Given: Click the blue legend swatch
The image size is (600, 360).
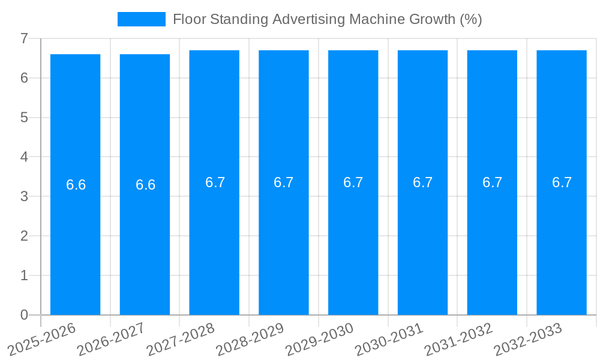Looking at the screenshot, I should [x=142, y=19].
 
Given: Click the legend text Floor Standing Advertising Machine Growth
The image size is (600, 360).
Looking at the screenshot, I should [x=327, y=19].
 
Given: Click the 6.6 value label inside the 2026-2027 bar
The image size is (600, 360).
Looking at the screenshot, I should [x=145, y=185].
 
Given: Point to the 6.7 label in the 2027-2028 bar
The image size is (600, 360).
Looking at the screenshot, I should [x=215, y=182].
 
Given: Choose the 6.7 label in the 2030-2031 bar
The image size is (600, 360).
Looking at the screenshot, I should [x=423, y=182].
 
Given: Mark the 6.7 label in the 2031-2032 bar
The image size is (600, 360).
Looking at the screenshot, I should [x=493, y=182].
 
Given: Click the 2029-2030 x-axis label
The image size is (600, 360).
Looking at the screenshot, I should [x=320, y=339].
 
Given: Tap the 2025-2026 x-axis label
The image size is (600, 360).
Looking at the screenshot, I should [x=42, y=339].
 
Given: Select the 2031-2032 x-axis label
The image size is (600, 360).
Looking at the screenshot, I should [x=459, y=339].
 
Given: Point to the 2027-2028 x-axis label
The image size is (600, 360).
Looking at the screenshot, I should [x=181, y=339].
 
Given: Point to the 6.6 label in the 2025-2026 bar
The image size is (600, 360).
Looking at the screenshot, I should [x=76, y=185].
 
